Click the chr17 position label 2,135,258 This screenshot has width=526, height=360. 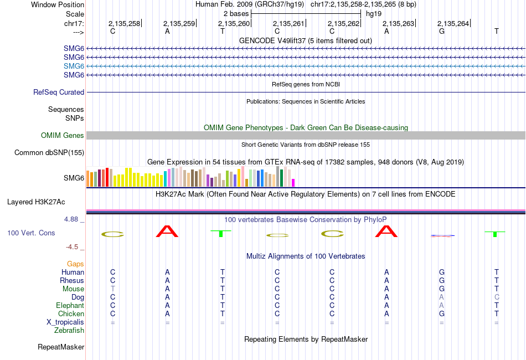124,23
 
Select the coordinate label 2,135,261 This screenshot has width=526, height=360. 289,23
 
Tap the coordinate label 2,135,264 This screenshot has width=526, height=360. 453,23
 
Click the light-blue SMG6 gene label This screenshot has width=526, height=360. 74,66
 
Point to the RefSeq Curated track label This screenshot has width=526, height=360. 59,92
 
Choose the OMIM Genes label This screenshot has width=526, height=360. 63,136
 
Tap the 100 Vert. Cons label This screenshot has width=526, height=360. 31,233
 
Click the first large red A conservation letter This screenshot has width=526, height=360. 168,231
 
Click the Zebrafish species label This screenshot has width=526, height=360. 69,331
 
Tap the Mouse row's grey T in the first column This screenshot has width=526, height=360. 113,289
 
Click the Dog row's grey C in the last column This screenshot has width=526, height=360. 497,297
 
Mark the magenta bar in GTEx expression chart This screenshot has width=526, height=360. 293,182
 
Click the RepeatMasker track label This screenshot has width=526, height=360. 61,347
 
